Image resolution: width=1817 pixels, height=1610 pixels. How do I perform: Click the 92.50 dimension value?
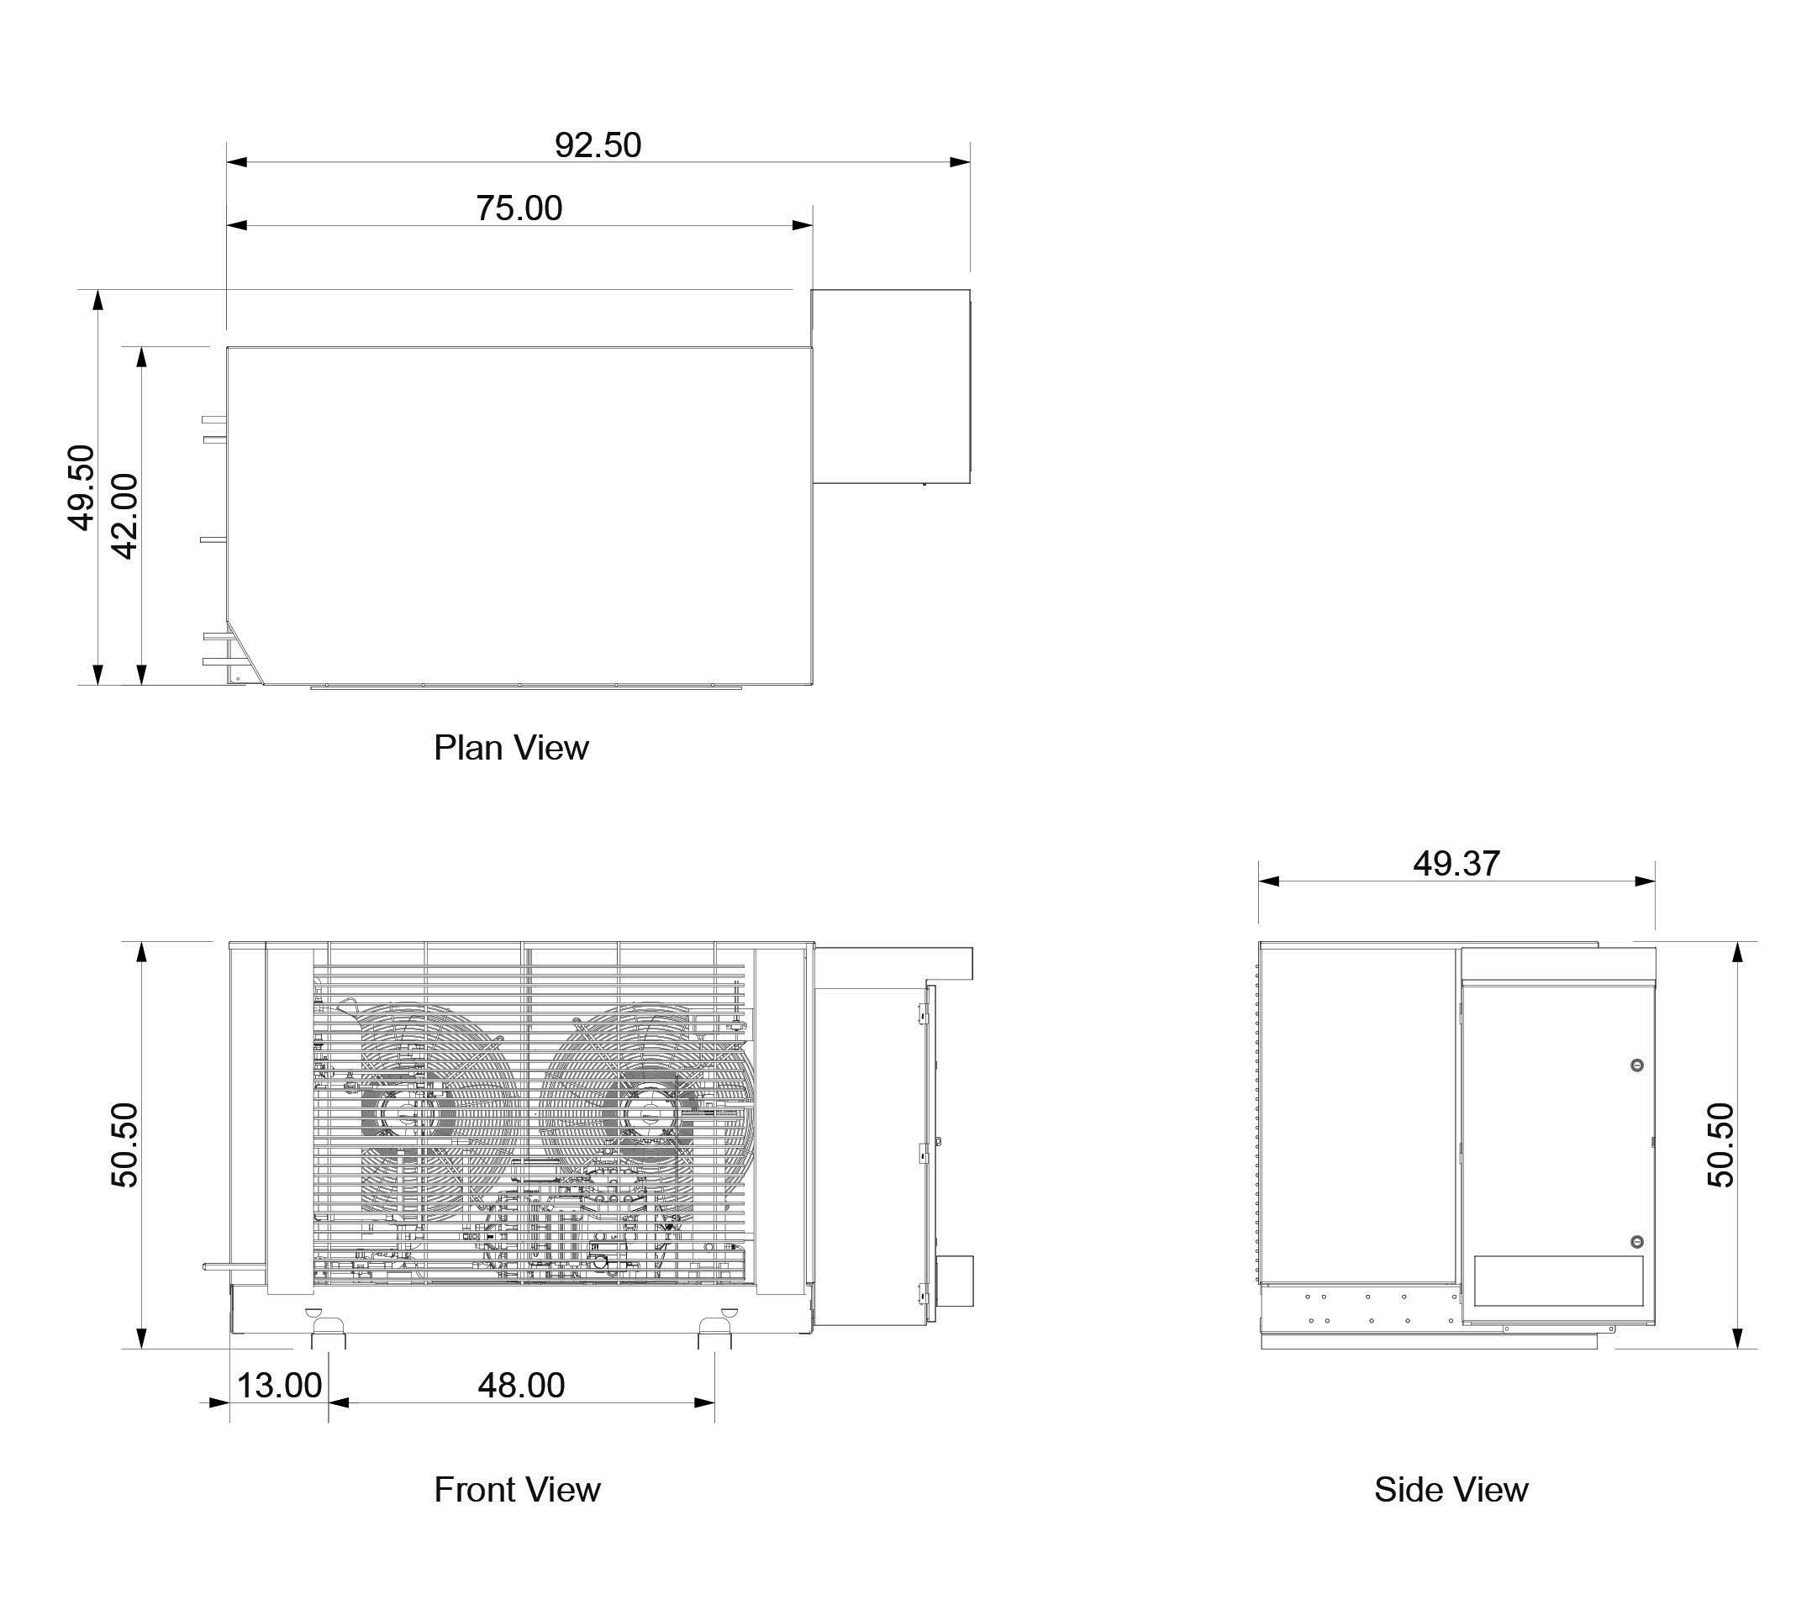coord(598,145)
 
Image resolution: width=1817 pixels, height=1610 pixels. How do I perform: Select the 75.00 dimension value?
coord(519,208)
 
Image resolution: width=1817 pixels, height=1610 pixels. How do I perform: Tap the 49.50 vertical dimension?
coord(81,488)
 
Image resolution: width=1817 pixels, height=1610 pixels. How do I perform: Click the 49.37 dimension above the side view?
coord(1457,863)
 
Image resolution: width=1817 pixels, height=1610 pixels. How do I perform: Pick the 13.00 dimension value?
coord(279,1385)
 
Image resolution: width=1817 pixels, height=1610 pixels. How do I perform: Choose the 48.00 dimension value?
coord(521,1385)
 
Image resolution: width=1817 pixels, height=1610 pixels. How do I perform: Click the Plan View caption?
coord(511,748)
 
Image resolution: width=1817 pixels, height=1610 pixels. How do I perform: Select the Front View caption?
coord(518,1490)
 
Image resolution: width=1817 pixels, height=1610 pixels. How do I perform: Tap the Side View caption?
coord(1451,1490)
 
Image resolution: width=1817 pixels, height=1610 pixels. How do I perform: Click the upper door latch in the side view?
coord(1637,1065)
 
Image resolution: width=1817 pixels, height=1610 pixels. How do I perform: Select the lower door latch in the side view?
coord(1637,1241)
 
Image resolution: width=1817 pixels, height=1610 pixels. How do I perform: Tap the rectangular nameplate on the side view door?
coord(1558,1281)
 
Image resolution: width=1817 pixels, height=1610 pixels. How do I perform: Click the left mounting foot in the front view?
coord(328,1333)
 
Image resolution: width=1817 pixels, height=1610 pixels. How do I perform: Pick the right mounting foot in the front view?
coord(714,1333)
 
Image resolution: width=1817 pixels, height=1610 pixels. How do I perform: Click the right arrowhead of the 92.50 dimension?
coord(960,162)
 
